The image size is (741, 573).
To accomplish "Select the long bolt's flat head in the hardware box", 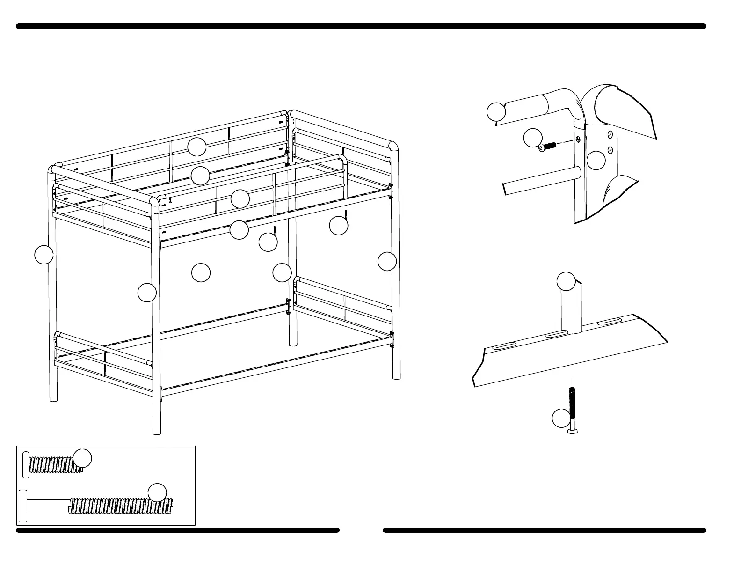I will (x=23, y=506).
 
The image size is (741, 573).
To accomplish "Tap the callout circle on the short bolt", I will (x=82, y=459).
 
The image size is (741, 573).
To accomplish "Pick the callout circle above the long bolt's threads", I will (x=157, y=492).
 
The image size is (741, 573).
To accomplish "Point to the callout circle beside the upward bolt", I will (x=561, y=418).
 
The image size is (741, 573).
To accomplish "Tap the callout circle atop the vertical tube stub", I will (x=566, y=281).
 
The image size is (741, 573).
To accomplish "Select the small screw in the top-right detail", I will (x=548, y=147).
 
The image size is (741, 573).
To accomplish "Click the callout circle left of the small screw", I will (x=532, y=138).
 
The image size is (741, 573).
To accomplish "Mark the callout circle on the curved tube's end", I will (x=496, y=112).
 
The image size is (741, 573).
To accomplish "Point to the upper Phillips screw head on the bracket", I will (x=610, y=135).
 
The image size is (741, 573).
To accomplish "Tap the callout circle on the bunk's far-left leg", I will (x=44, y=254).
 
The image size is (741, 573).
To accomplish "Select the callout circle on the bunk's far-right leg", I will (x=387, y=261).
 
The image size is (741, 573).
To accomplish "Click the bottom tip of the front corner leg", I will (x=157, y=433).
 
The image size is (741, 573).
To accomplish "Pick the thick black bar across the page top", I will (x=361, y=27).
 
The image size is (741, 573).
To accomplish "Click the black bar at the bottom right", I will (x=544, y=530).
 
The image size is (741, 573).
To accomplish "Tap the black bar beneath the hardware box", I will (x=178, y=530).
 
